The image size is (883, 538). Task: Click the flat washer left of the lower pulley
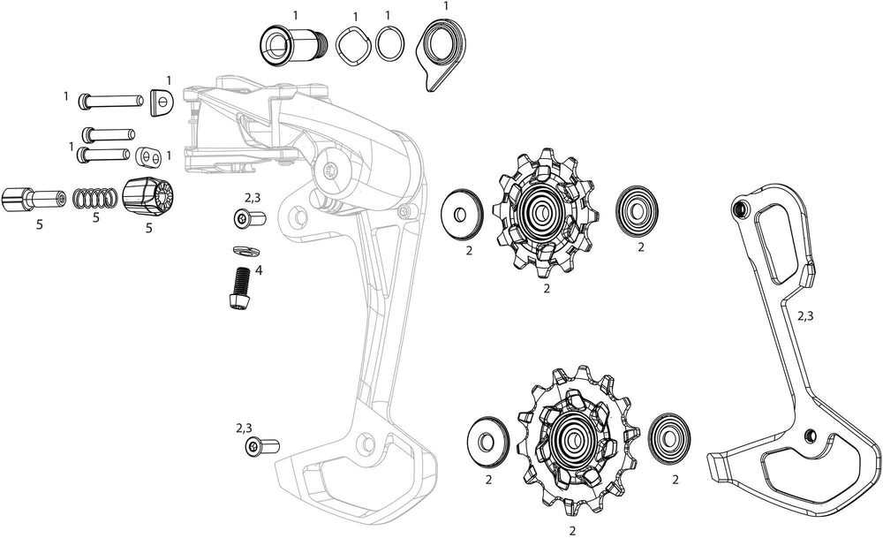tap(486, 436)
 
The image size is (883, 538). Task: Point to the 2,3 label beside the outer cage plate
tap(806, 315)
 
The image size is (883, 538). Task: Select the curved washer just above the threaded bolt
tap(241, 251)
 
